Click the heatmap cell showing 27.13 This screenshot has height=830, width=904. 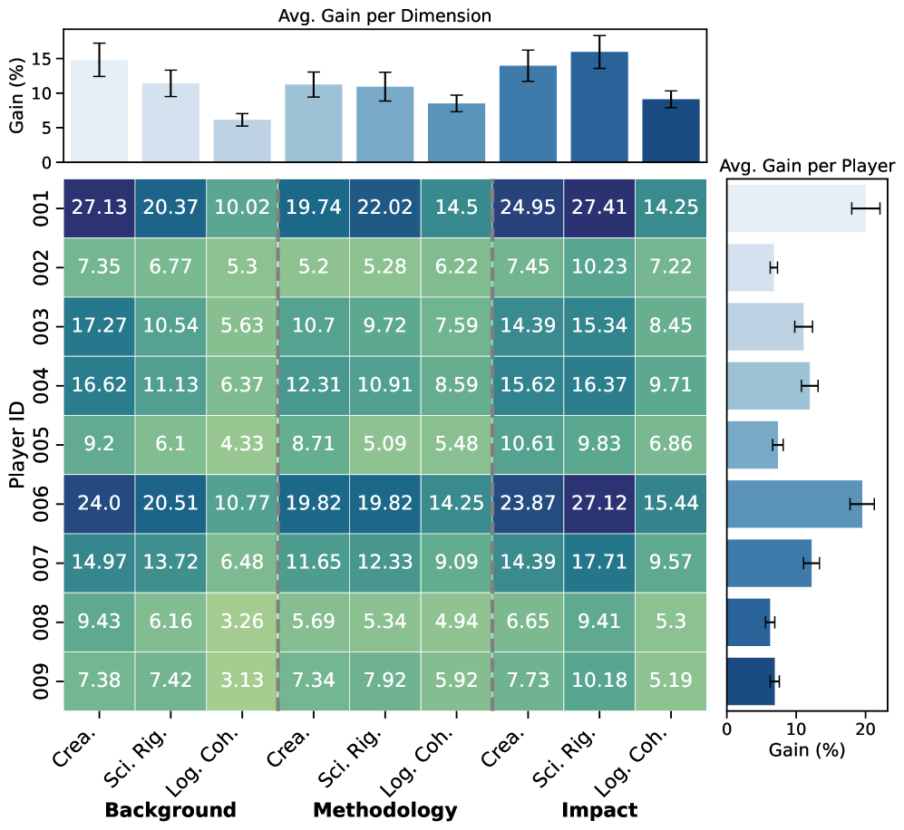[x=100, y=208]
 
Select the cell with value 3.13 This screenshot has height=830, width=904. [x=242, y=681]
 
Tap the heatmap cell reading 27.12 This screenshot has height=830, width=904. [x=599, y=505]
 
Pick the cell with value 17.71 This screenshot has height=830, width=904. [x=599, y=564]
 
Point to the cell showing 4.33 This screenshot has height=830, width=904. [x=242, y=445]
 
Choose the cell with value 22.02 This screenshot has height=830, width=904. [x=385, y=208]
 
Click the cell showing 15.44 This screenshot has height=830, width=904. [x=671, y=505]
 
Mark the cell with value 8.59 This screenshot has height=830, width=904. [x=457, y=386]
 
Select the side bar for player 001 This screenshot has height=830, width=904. [x=796, y=208]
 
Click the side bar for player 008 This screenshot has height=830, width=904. [x=748, y=622]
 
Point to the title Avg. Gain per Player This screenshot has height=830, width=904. [x=807, y=166]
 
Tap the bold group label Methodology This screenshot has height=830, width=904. [x=384, y=810]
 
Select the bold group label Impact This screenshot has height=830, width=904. [x=599, y=810]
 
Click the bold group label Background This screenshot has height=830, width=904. [x=170, y=810]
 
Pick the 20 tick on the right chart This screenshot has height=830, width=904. [x=865, y=728]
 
